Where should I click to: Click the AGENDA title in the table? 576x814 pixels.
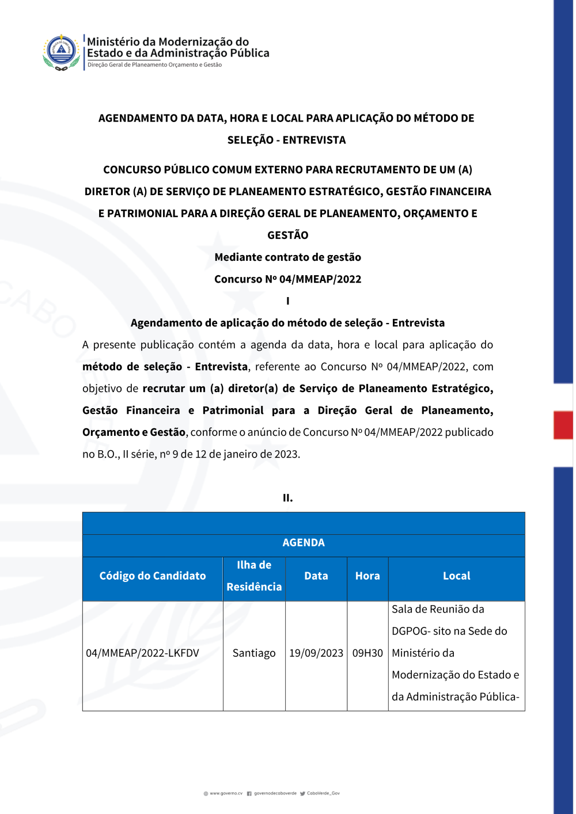click(304, 543)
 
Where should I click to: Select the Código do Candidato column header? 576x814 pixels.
click(153, 576)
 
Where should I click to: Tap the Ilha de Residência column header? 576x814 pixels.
click(254, 576)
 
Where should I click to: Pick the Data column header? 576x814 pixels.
click(316, 576)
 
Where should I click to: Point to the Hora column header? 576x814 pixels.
click(367, 576)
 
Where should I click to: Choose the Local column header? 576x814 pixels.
click(457, 576)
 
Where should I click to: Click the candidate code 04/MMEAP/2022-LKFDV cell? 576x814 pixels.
click(142, 653)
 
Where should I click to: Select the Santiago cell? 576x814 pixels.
click(254, 653)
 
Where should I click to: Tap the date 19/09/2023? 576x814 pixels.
click(316, 653)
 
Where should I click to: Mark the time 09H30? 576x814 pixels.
click(367, 653)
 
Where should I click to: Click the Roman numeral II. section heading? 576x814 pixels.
click(288, 498)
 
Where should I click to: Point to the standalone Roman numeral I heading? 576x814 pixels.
click(288, 301)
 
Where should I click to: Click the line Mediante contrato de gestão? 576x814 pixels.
click(288, 257)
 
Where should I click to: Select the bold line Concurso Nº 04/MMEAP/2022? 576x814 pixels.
click(288, 279)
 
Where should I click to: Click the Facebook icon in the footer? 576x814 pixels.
click(249, 793)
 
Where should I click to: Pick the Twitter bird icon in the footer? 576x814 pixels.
click(302, 793)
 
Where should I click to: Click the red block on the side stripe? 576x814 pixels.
click(563, 425)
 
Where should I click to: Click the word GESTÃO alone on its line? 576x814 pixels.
click(288, 235)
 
